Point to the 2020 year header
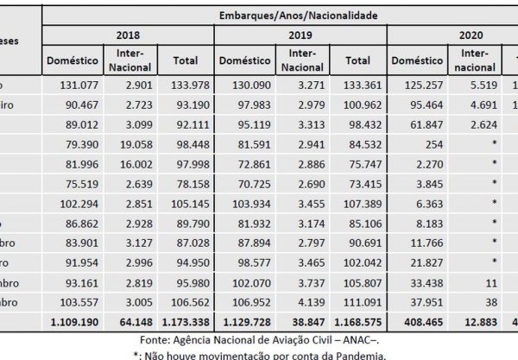point(458,36)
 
